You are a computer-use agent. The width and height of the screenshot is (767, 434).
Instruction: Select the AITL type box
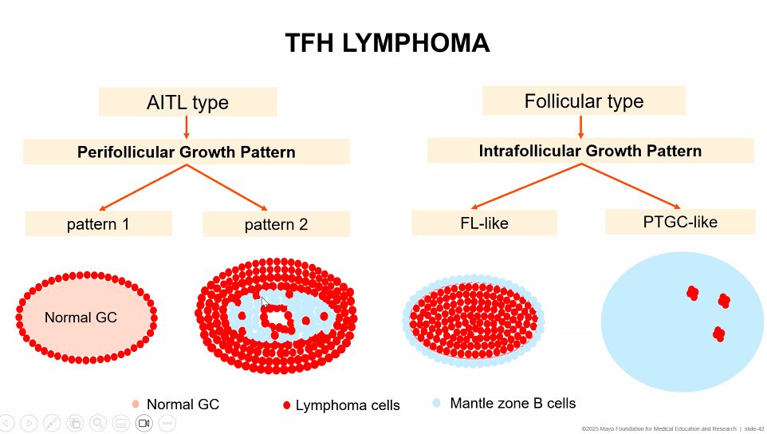(187, 102)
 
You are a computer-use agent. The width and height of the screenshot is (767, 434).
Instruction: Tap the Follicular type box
(584, 101)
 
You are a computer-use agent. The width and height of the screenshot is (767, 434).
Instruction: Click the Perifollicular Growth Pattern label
(186, 152)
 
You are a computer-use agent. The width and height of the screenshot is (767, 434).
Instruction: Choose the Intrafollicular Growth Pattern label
(590, 151)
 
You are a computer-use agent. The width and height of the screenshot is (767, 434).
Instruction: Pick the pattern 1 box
(98, 224)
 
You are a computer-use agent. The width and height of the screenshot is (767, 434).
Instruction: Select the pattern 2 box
(276, 224)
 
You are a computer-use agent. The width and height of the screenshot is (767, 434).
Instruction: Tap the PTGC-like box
(679, 221)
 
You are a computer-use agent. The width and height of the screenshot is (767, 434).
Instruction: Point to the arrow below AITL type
(187, 127)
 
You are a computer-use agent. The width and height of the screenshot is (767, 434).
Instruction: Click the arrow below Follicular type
(580, 125)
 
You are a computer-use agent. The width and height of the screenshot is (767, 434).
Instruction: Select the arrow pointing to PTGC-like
(639, 185)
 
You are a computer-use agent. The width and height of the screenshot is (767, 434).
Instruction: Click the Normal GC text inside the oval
(81, 318)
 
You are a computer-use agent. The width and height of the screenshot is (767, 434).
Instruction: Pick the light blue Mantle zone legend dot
(436, 404)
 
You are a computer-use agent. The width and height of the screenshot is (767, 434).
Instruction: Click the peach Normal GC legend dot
(136, 404)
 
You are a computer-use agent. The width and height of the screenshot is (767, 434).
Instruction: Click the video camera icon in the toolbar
(144, 422)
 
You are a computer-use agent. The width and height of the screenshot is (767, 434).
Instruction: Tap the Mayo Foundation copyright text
(659, 428)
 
